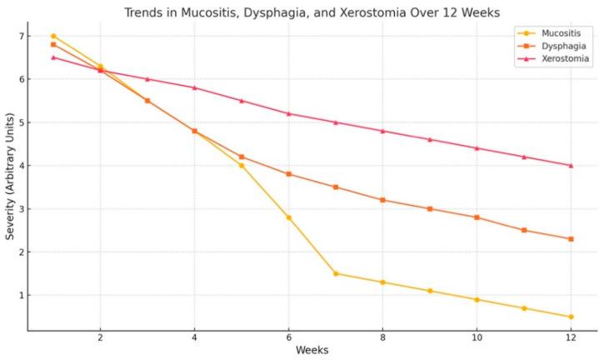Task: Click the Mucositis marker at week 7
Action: point(336,273)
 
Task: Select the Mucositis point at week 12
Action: point(571,317)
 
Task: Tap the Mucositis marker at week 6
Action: point(288,217)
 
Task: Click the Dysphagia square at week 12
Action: point(571,239)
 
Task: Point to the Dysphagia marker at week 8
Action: point(382,200)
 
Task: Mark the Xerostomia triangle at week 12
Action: point(571,165)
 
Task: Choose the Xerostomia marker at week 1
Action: point(53,57)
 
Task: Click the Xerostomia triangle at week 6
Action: point(288,113)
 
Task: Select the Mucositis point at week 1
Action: point(53,36)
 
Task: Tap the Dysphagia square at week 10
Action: point(477,217)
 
